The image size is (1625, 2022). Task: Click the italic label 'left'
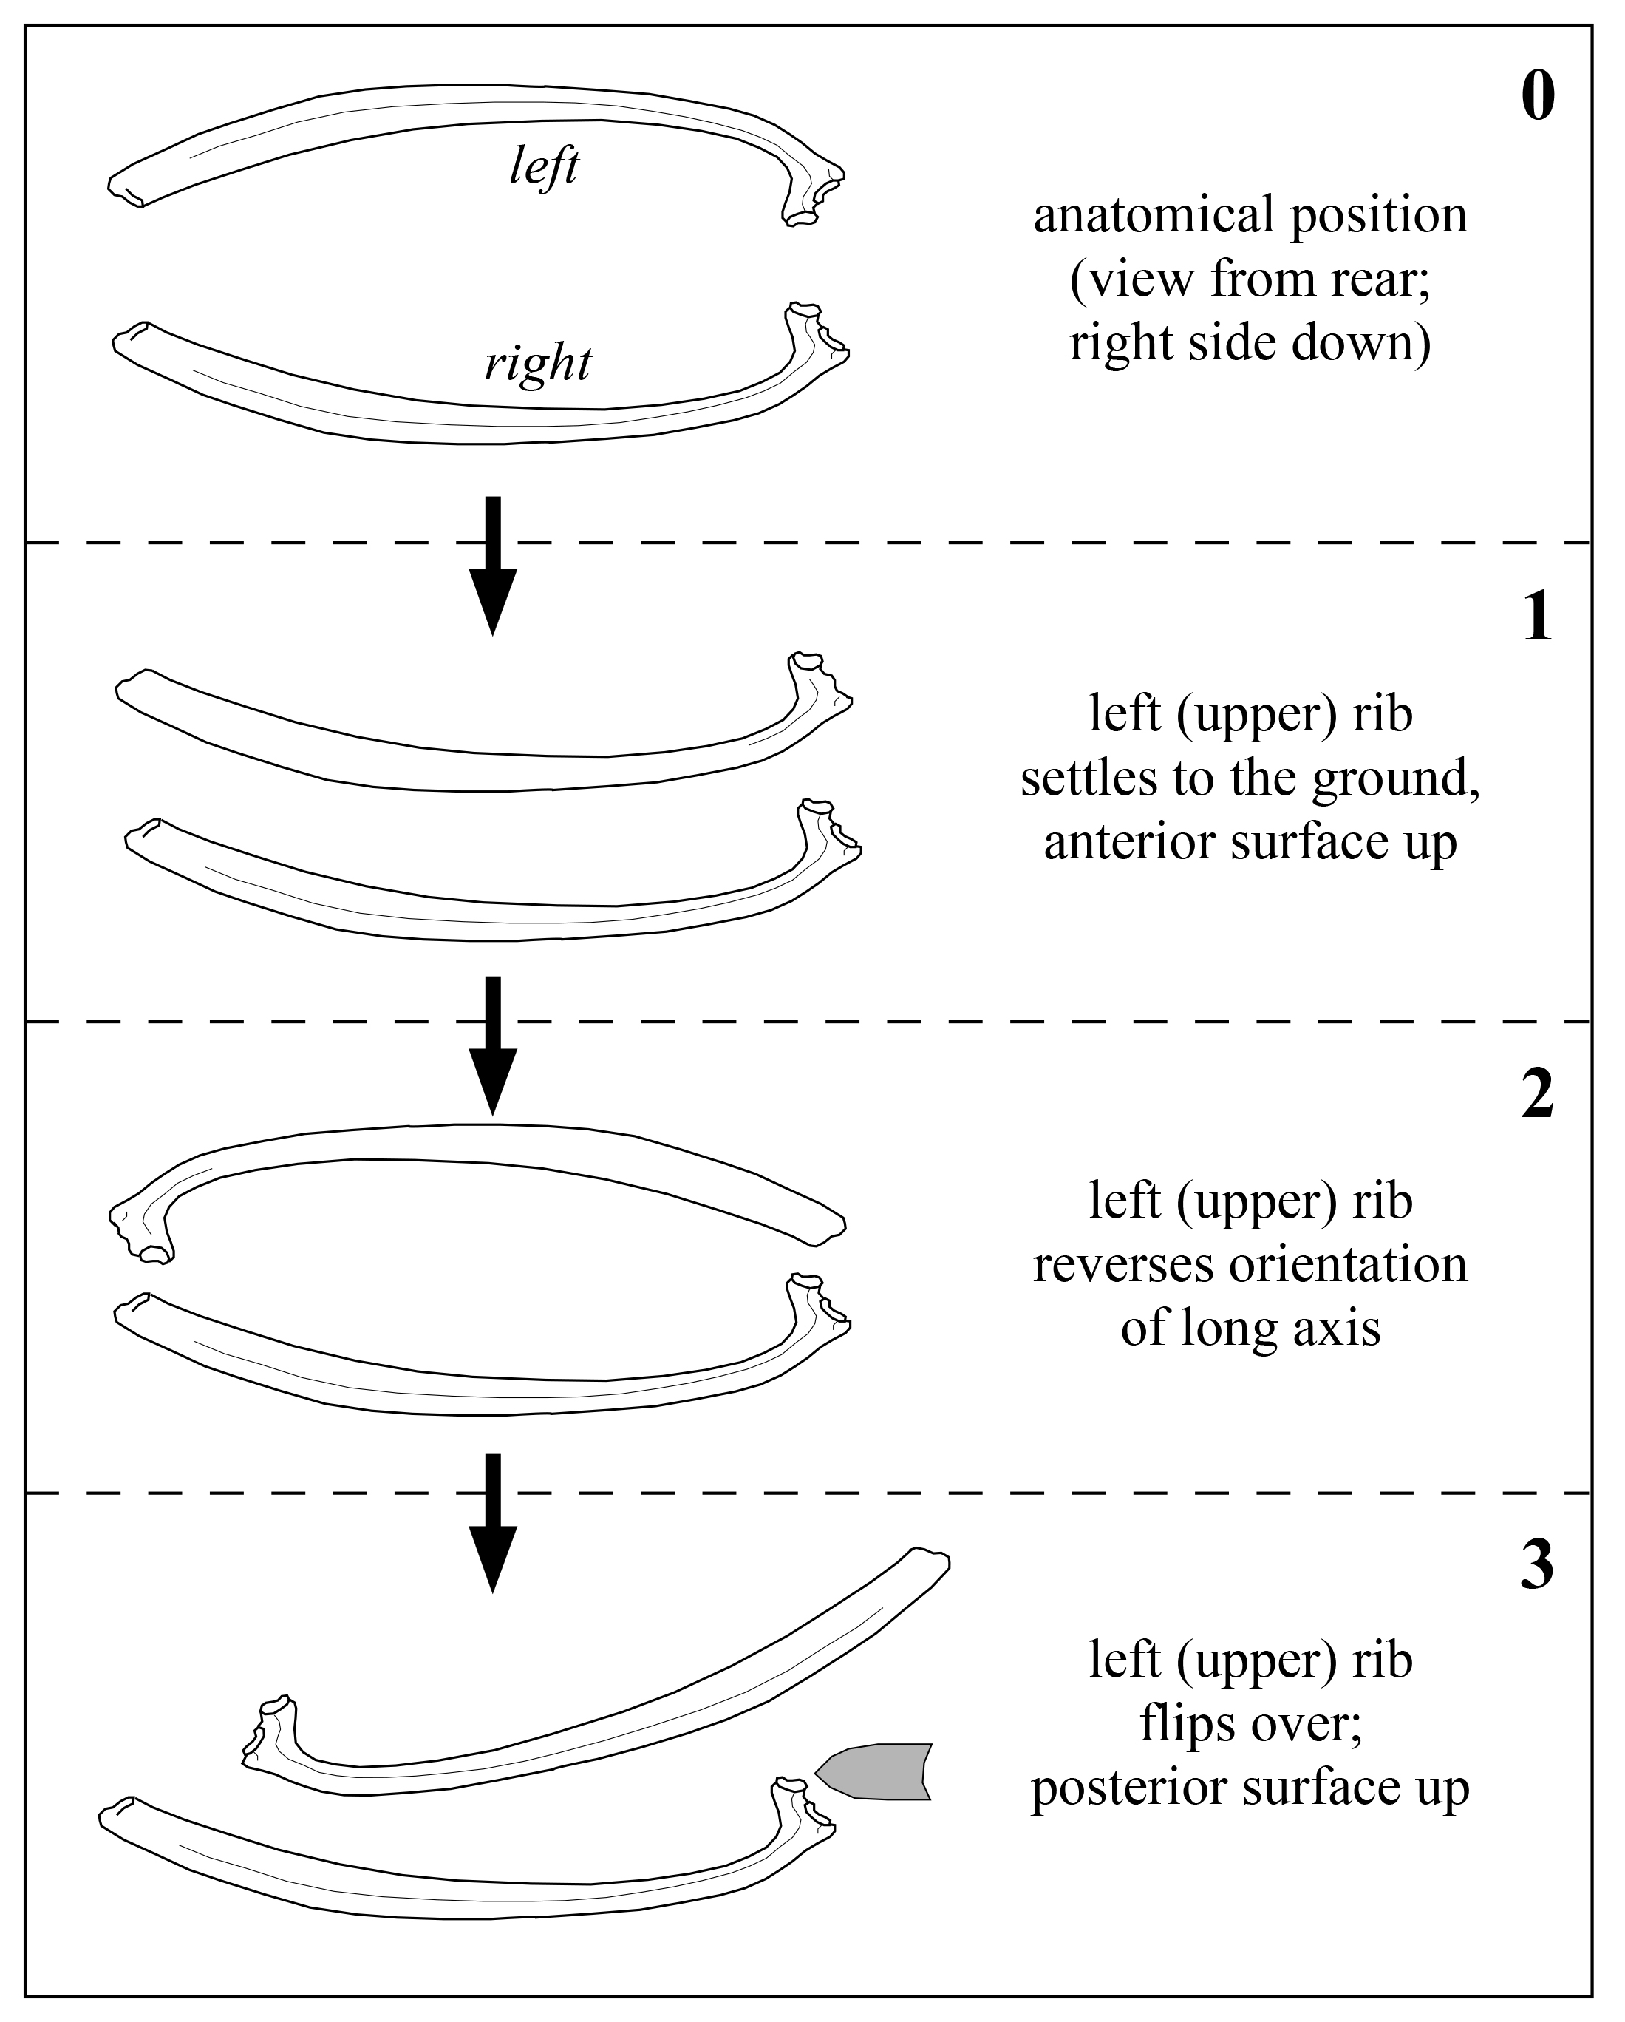point(544,168)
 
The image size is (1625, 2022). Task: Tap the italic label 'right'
point(537,363)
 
